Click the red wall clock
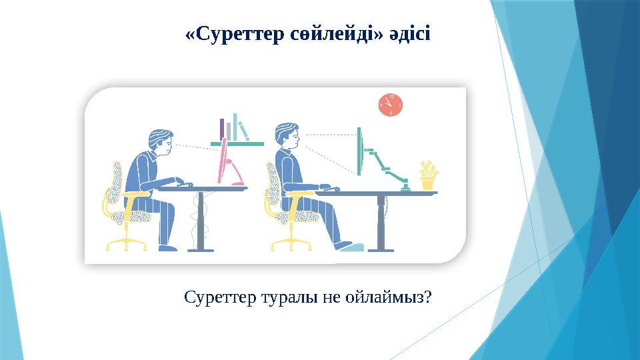click(x=391, y=105)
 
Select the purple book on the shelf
click(x=222, y=129)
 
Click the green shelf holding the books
click(x=237, y=143)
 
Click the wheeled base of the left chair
click(x=127, y=243)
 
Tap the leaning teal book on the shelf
click(x=243, y=131)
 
